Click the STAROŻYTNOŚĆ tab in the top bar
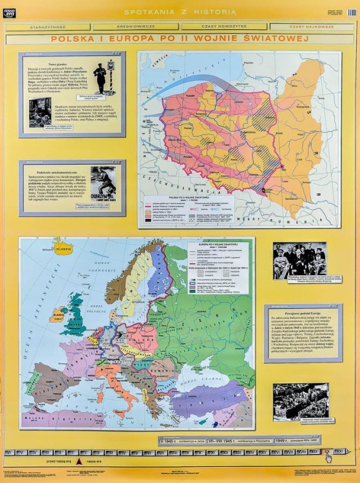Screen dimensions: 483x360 (x=48, y=27)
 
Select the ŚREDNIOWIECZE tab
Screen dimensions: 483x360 (x=136, y=27)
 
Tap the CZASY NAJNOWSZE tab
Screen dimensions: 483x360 (x=311, y=27)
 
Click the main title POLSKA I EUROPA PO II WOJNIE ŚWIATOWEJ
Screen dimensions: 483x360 (x=180, y=39)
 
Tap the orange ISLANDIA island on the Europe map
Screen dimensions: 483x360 (x=63, y=248)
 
